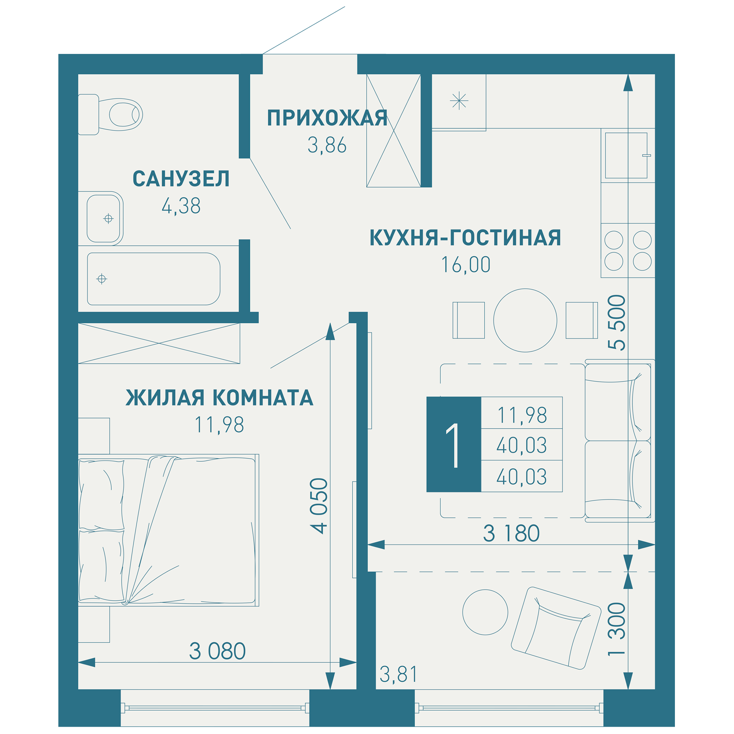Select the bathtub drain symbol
tap(101, 279)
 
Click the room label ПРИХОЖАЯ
tap(327, 118)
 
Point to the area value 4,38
tap(181, 206)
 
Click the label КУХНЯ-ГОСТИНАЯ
tap(465, 238)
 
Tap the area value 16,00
tap(465, 265)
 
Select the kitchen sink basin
tap(626, 155)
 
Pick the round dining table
tap(525, 320)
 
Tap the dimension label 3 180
tap(511, 533)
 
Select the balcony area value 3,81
tap(398, 674)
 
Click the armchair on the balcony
tap(555, 628)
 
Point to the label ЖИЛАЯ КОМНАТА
tap(219, 398)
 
